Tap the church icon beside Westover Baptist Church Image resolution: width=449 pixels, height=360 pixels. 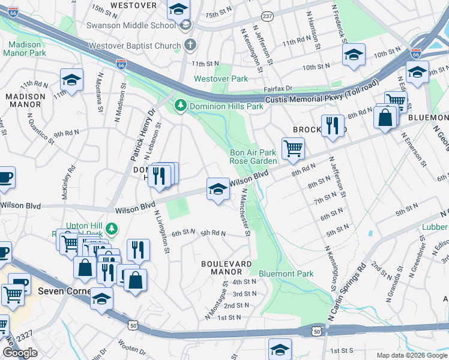(190, 45)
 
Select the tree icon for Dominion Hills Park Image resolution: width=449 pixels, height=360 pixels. (180, 106)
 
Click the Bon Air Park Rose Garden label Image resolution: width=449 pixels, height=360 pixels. (253, 157)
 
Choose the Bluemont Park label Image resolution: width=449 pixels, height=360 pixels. (286, 274)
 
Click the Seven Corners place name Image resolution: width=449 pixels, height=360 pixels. (64, 291)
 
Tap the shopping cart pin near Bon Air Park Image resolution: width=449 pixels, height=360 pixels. (293, 148)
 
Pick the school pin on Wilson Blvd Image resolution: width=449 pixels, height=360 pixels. (218, 189)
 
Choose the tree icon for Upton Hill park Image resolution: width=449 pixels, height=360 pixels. (112, 228)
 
